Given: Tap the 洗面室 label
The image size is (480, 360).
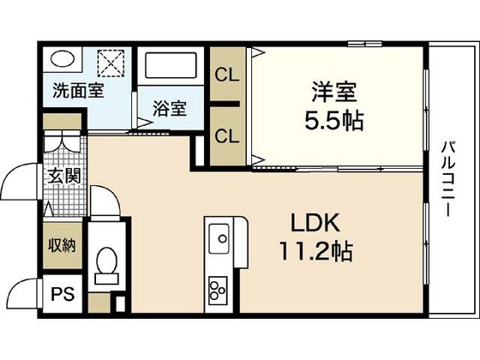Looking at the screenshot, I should click(x=78, y=89).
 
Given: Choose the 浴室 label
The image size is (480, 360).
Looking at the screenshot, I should click(x=169, y=109).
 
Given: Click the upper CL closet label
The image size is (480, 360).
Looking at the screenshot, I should click(x=228, y=74).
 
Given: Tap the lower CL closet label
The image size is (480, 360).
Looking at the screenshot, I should click(x=228, y=135).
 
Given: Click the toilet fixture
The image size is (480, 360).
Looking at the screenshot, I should click(x=108, y=261).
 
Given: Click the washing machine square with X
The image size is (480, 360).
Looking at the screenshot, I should click(x=110, y=63).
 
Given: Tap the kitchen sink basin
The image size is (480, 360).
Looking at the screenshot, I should click(x=220, y=236).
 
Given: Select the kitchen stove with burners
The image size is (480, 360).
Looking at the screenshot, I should click(x=217, y=289).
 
